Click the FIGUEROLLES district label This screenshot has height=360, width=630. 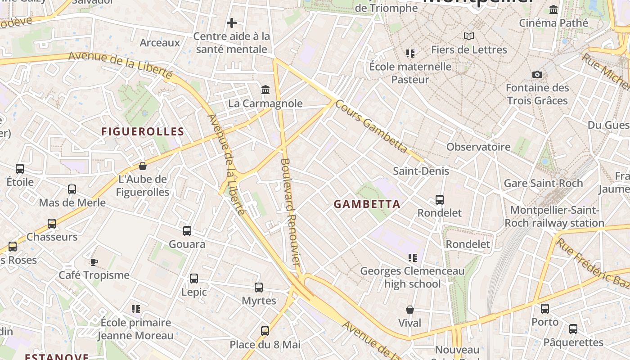143,132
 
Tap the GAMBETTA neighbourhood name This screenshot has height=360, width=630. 367,204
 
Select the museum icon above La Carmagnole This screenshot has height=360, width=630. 265,90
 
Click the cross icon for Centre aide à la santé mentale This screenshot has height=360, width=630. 232,22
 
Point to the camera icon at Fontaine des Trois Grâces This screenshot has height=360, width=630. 537,75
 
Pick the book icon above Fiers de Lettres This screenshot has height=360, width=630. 469,36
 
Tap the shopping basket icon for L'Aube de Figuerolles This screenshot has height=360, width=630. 143,166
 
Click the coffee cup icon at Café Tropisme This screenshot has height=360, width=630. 94,262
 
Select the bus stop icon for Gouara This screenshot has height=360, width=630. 187,231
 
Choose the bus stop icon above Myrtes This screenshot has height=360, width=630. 259,288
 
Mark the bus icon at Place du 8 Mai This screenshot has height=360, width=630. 265,331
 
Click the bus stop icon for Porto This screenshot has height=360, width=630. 545,309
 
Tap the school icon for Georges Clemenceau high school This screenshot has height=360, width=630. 412,258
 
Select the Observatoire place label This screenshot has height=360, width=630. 478,147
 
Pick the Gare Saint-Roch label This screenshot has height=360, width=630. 543,183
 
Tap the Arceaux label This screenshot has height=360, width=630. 160,43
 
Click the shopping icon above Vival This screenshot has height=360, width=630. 410,310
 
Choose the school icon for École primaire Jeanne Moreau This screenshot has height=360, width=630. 135,309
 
